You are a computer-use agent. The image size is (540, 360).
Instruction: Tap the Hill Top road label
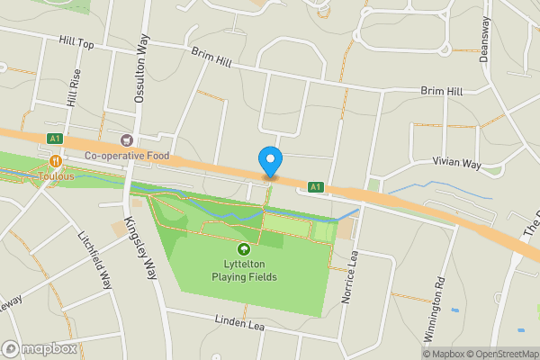click(76, 41)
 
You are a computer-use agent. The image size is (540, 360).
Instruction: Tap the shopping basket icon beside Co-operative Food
click(126, 139)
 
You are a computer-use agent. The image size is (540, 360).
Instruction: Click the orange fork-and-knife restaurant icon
click(56, 161)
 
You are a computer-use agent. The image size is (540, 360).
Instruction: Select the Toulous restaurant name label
click(56, 176)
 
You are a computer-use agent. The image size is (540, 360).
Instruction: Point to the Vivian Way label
click(456, 163)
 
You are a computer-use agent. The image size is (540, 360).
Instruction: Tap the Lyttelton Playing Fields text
click(244, 270)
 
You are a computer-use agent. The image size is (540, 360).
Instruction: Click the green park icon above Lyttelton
click(243, 248)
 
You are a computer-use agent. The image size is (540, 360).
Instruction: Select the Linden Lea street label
click(239, 320)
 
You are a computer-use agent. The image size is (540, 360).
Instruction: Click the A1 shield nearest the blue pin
click(315, 187)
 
